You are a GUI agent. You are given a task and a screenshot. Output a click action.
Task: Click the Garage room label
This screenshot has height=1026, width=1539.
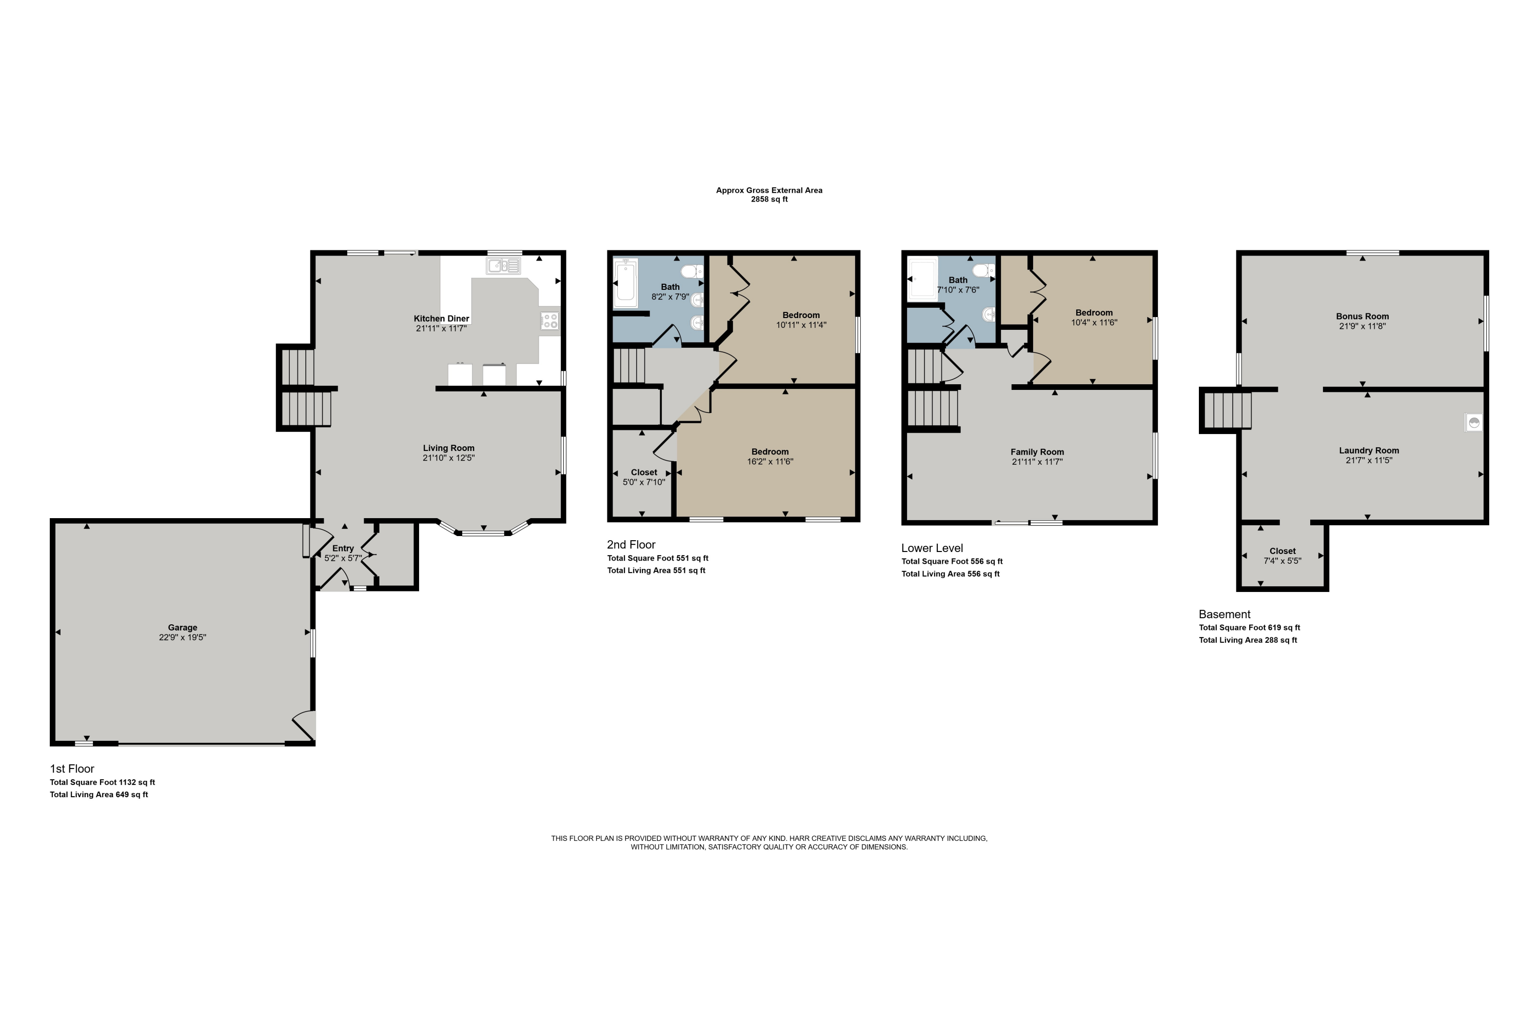(x=183, y=627)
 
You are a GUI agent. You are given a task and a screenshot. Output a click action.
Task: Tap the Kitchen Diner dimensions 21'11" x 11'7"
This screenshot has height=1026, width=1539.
(x=441, y=328)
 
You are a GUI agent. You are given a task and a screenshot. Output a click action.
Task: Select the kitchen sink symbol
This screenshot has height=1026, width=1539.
(x=503, y=266)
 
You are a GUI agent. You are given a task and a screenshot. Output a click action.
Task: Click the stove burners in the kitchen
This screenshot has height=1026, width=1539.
(x=549, y=321)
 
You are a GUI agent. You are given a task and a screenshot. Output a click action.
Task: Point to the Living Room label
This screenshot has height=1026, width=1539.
(x=448, y=448)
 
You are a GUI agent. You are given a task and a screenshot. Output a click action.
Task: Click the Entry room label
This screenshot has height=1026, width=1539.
(x=343, y=548)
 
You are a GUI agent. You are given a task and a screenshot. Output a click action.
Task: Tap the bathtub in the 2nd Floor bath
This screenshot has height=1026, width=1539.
(x=625, y=283)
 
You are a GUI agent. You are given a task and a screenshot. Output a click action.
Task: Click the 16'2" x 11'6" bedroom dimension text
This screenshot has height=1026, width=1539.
(x=770, y=461)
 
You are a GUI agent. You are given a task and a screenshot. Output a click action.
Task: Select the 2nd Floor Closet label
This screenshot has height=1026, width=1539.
(x=644, y=472)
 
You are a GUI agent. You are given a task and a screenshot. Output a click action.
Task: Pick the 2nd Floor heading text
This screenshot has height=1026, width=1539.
(x=631, y=544)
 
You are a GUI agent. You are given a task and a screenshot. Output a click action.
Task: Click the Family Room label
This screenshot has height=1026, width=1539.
(x=1037, y=452)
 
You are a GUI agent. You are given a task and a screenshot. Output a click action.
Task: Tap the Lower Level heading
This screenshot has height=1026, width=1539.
(x=932, y=548)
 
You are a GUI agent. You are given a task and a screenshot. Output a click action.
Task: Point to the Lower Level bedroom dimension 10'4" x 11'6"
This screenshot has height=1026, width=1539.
(x=1094, y=323)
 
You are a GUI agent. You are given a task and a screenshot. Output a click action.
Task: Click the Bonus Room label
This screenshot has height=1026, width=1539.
(x=1363, y=317)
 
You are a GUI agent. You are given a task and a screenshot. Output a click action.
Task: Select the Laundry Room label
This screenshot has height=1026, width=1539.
(x=1369, y=451)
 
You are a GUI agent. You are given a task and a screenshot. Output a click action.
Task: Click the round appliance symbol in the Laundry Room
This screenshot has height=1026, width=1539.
(x=1473, y=422)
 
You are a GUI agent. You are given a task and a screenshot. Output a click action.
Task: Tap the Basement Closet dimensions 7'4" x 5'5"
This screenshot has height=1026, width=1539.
(x=1282, y=561)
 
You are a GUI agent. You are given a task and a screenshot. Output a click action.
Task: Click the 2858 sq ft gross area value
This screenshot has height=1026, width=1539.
(x=769, y=200)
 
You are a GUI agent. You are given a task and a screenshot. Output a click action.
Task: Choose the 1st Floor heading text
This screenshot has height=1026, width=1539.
(x=72, y=769)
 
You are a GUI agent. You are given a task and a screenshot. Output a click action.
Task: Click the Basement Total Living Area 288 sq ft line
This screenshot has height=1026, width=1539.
(x=1248, y=640)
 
